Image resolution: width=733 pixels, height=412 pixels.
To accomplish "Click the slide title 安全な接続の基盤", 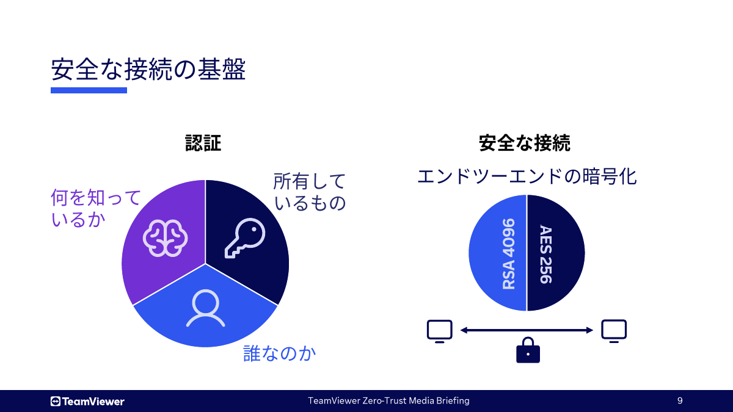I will coord(148,70).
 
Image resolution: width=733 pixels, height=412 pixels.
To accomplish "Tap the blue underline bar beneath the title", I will coord(89,90).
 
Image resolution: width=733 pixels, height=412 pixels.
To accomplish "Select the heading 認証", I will coord(203,143).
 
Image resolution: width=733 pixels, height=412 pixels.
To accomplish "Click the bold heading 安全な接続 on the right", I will coord(525,143).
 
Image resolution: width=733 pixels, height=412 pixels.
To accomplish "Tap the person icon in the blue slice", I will coord(205,308).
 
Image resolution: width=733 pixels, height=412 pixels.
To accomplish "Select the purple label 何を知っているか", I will coord(95,208).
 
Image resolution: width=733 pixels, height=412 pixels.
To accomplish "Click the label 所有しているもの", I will coord(309,192).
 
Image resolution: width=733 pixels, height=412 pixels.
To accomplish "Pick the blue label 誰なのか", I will coord(280,353).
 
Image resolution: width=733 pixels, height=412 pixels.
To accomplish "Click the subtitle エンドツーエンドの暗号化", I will coord(527,177).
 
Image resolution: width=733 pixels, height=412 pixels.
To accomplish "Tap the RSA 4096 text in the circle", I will coord(508,253).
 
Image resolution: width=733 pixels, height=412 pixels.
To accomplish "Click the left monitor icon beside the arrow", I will coord(439,331).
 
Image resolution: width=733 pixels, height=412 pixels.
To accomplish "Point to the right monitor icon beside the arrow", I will coord(614,331).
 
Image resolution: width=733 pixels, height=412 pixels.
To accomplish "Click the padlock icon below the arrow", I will coord(528,351).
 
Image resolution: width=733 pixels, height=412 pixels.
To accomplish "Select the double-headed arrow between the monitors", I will coord(527,330).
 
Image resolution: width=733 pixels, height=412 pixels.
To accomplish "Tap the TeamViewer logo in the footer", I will coord(87,401).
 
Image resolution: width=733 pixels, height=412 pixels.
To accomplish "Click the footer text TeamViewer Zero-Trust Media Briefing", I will coord(388,401).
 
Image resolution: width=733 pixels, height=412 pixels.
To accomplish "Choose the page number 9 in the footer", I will coord(680,401).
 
